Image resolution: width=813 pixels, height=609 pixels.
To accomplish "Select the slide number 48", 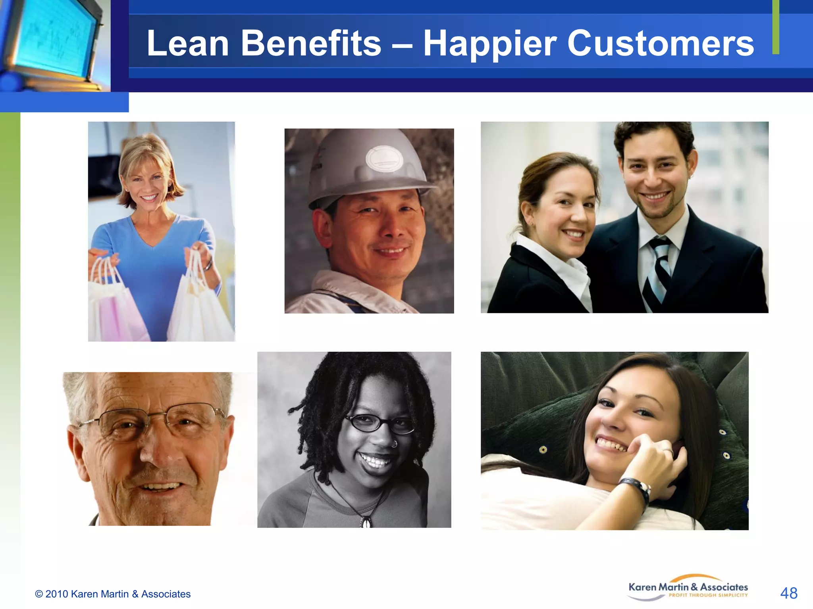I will point(788,594).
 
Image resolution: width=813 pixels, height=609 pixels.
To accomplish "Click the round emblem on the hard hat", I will point(384,159).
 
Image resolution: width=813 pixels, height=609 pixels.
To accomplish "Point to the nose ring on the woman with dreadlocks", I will point(394,444).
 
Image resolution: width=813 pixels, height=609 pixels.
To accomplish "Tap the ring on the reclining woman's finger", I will point(668,451).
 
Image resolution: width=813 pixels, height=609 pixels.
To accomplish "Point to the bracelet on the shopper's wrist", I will point(208,264).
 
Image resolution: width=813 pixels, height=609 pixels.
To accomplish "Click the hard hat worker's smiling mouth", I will point(391,251).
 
